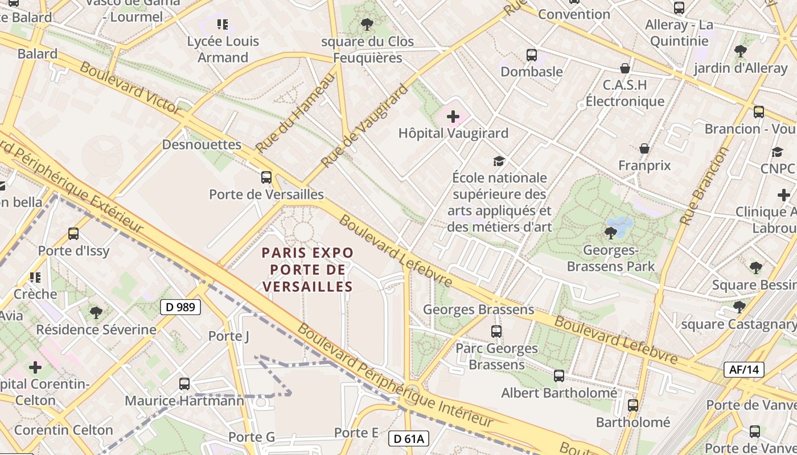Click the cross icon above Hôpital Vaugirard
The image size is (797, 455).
click(x=453, y=117)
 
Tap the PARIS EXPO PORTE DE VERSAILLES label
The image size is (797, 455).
click(x=307, y=270)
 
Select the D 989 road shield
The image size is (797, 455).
click(x=180, y=307)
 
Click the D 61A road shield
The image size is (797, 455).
click(x=409, y=439)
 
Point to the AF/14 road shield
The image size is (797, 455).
click(x=744, y=370)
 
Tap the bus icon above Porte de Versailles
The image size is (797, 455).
click(x=266, y=177)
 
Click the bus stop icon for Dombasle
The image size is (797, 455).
click(x=532, y=55)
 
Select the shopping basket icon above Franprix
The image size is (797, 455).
click(x=644, y=148)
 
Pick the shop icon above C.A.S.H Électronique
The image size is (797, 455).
click(x=625, y=68)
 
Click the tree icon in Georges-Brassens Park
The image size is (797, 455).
click(x=610, y=233)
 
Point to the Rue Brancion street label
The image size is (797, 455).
click(x=704, y=186)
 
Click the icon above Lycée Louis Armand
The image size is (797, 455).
click(x=223, y=24)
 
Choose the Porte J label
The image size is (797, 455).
click(x=229, y=336)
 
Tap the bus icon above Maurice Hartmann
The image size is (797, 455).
click(x=184, y=383)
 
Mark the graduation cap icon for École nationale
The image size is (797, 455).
click(x=499, y=161)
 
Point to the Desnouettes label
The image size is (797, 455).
click(x=202, y=144)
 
